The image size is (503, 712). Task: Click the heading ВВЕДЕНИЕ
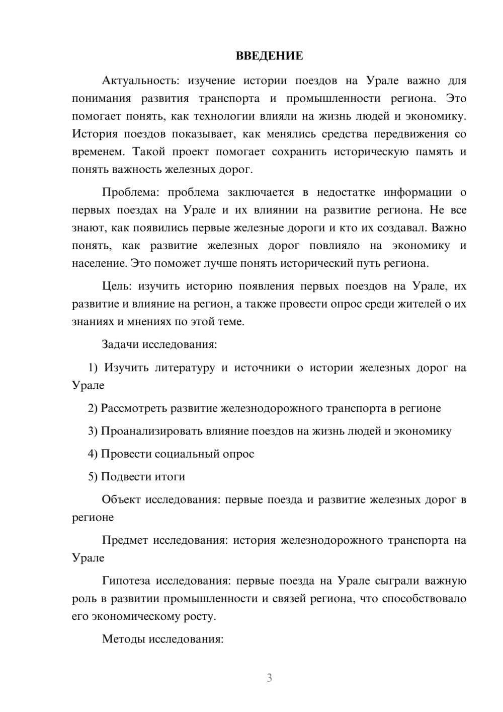[x=269, y=56]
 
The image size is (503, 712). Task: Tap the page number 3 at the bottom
[x=269, y=678]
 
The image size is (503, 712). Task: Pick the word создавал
[x=401, y=228]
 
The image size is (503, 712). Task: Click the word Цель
[x=117, y=287]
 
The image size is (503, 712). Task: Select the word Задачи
[x=121, y=345]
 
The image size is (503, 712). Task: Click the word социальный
[x=189, y=454]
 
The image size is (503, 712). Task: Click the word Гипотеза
[x=126, y=581]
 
